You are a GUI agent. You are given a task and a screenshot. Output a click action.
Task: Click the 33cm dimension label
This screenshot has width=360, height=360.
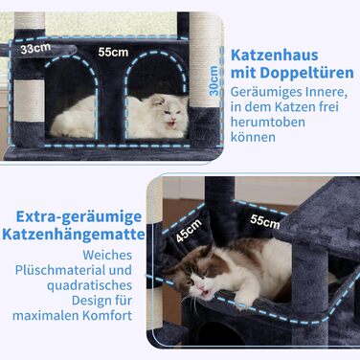35,49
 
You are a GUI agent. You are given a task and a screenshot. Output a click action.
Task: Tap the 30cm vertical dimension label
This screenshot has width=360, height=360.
214,80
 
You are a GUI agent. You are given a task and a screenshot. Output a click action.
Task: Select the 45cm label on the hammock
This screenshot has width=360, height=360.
189,231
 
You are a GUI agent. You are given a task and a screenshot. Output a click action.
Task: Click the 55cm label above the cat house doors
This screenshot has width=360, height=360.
113,52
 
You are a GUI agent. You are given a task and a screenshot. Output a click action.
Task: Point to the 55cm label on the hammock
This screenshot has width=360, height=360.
265,221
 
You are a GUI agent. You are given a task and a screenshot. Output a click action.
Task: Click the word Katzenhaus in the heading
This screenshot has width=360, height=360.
275,56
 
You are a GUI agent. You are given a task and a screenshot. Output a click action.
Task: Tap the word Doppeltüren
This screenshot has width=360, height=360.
306,73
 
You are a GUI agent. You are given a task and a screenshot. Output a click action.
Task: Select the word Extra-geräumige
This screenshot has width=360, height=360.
79,217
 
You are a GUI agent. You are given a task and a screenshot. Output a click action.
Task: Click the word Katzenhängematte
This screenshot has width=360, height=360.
74,235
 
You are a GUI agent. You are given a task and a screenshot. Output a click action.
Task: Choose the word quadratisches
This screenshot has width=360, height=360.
90,285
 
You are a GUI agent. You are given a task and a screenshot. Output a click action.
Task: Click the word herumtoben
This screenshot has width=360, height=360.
268,122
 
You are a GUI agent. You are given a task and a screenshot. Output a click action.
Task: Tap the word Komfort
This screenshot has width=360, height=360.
107,316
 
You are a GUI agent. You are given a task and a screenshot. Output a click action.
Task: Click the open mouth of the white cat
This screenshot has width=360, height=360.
171,123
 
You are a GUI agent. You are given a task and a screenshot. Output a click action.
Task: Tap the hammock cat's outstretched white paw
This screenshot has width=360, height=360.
243,300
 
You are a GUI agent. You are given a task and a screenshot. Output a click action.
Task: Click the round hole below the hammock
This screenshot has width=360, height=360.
216,334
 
